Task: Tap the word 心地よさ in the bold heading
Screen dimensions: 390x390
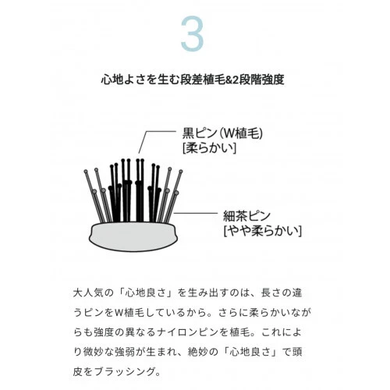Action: coord(125,79)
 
